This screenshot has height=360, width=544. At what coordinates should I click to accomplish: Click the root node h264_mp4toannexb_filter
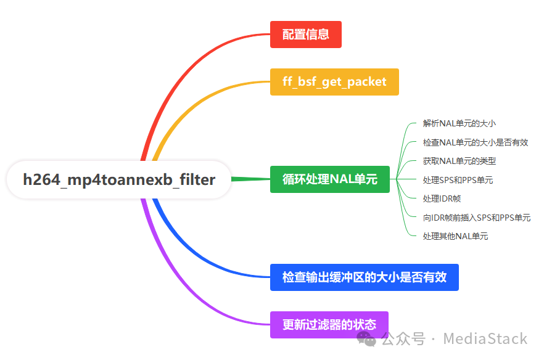(x=119, y=180)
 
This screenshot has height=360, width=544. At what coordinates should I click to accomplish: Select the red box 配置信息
(x=305, y=35)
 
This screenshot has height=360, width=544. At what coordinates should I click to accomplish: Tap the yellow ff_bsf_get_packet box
(x=334, y=82)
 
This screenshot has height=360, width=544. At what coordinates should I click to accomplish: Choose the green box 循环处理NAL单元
(x=329, y=179)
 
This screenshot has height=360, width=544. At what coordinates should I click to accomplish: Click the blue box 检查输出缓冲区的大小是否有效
(x=364, y=277)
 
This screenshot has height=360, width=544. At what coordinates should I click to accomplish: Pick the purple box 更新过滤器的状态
(x=329, y=325)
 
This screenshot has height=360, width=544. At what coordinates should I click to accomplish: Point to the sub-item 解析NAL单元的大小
(x=459, y=123)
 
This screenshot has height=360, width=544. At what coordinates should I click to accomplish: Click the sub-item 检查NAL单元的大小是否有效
(x=475, y=142)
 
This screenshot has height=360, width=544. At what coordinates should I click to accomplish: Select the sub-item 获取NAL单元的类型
(x=459, y=161)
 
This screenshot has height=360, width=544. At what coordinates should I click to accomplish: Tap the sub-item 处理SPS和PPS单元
(x=458, y=180)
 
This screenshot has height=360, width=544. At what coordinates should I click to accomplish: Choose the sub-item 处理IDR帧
(x=442, y=198)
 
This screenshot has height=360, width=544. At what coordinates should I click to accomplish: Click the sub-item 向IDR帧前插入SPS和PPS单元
(x=476, y=218)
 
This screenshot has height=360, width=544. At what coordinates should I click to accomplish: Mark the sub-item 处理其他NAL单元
(x=455, y=236)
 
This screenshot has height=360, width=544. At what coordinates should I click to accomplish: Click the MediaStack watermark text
(x=485, y=338)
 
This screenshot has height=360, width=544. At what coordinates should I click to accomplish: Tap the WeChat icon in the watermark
(x=368, y=338)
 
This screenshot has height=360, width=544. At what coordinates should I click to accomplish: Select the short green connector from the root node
(x=250, y=179)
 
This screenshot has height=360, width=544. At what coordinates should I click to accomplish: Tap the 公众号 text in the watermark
(x=403, y=338)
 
